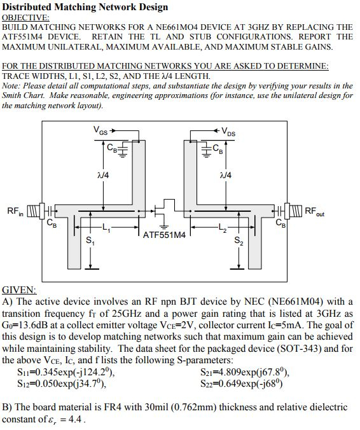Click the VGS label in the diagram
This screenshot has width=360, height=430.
pos(100,130)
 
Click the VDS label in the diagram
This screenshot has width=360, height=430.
pos(228,132)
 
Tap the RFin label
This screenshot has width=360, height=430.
pos(15,211)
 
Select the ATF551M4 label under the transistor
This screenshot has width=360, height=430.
pos(164,235)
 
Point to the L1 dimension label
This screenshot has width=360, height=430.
pos(106,227)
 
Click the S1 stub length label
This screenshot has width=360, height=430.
pos(90,240)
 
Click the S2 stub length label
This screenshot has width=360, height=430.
pos(239,240)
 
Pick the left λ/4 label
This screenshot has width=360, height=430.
pos(103,175)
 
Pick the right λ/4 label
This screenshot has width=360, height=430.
pos(226,175)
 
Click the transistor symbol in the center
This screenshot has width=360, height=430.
pos(163,211)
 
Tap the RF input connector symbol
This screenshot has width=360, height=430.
pos(36,211)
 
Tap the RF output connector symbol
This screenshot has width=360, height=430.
pos(293,211)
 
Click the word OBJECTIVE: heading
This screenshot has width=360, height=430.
pos(26,18)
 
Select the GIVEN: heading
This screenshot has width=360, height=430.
pos(19,290)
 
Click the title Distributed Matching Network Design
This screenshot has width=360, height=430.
pos(85,7)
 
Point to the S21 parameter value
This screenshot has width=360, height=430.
pos(245,372)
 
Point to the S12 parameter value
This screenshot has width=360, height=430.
pos(62,384)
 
